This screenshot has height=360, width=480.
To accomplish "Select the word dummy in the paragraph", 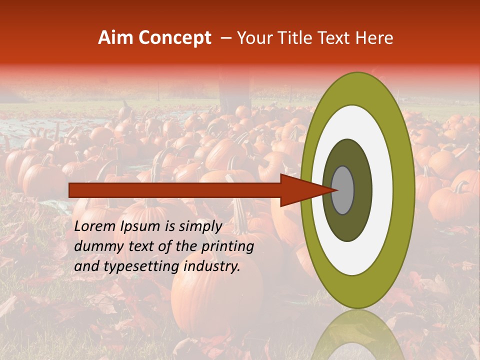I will coord(97,246).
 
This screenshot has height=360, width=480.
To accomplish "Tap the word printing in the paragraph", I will coord(227,246).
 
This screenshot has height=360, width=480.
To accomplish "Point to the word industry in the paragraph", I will coord(212,266).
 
